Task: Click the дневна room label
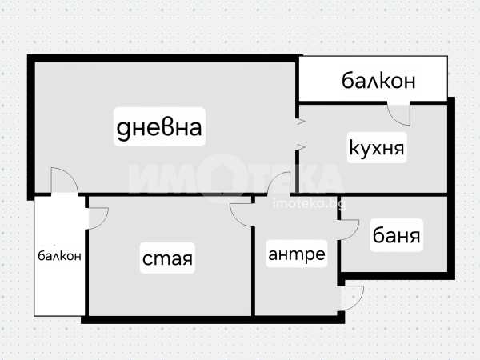click(159, 127)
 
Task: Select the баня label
click(397, 236)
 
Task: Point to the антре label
click(297, 254)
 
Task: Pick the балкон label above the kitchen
click(378, 80)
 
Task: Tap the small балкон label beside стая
click(59, 256)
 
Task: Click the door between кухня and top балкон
click(398, 113)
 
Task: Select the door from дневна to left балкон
click(64, 182)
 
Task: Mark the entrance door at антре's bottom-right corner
click(351, 298)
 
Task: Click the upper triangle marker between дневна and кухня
click(301, 122)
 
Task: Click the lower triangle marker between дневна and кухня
click(301, 146)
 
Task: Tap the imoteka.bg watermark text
click(308, 204)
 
